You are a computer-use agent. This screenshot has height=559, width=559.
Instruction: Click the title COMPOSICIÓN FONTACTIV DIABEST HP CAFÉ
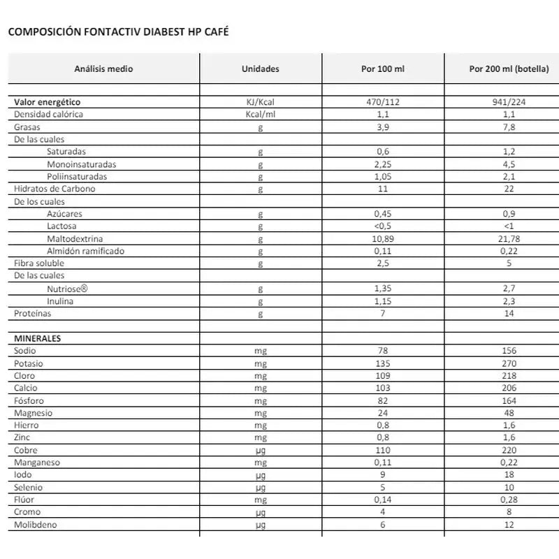(x=117, y=32)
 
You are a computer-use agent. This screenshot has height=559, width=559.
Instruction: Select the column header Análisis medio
(x=103, y=69)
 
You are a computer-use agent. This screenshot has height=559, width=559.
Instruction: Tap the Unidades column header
(x=260, y=69)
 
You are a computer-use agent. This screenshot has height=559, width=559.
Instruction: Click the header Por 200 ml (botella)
(x=509, y=69)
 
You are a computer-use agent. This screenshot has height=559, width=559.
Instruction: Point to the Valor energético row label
(x=48, y=102)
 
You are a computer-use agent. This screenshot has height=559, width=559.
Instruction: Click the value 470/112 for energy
(x=382, y=102)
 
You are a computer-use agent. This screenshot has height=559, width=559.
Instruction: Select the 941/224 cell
(x=509, y=102)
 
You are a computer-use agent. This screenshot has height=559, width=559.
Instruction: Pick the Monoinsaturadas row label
(x=82, y=164)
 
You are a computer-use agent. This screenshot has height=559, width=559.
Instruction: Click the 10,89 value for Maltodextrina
(x=382, y=239)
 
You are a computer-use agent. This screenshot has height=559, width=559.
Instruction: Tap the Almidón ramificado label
(x=86, y=251)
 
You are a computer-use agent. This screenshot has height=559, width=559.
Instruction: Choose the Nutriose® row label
(x=67, y=288)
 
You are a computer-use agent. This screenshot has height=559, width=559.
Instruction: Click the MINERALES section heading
(x=38, y=338)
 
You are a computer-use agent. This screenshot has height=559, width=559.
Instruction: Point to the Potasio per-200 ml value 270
(x=509, y=363)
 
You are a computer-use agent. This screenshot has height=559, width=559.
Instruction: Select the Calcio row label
(x=26, y=388)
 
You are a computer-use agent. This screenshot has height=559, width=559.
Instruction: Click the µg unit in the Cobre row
(x=260, y=450)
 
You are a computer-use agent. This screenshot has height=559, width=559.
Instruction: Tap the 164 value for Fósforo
(x=509, y=400)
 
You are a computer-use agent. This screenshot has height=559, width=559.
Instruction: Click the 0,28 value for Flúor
(x=509, y=500)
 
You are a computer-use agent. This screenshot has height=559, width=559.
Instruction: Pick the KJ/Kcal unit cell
(x=260, y=102)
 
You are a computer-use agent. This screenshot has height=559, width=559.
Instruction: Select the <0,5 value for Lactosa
(x=382, y=226)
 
